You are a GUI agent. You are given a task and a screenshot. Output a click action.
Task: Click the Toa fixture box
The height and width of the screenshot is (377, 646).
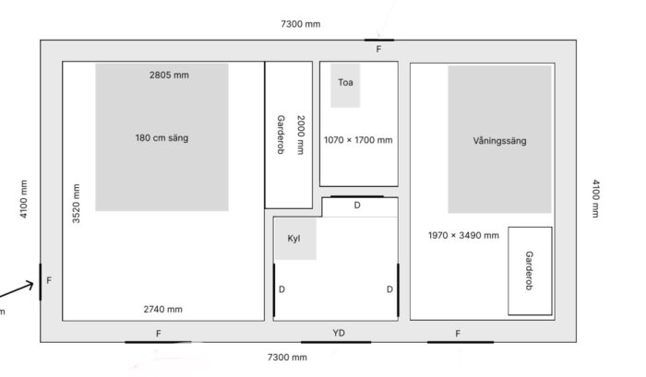tap(345, 85)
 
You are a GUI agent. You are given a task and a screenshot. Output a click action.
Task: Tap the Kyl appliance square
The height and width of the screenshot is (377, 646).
tap(295, 239)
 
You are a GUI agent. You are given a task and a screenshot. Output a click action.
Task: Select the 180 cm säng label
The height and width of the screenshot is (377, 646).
tap(161, 138)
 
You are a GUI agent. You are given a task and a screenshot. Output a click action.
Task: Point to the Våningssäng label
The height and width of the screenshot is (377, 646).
tap(499, 141)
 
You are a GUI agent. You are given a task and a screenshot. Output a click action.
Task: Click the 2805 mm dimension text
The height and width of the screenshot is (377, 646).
tap(169, 75)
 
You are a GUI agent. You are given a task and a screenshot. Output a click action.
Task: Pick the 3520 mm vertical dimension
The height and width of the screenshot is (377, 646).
tap(77, 204)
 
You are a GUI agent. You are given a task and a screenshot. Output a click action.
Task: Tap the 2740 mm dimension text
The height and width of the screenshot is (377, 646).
tap(163, 309)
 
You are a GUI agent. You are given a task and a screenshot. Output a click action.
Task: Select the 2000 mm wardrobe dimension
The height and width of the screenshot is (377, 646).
tap(301, 135)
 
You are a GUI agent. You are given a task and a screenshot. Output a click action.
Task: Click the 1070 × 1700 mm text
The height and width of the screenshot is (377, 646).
tap(358, 140)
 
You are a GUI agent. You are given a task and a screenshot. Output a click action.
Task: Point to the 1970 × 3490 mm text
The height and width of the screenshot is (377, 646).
tap(463, 235)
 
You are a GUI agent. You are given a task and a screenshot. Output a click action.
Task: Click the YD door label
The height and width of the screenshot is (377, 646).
tap(339, 333)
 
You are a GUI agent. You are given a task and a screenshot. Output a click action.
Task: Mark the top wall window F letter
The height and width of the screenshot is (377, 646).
tap(378, 50)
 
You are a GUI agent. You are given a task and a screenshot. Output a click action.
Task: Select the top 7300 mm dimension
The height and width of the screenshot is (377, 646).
tap(300, 24)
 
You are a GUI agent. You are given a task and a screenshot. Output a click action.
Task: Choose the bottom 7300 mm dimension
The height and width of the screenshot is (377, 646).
tap(287, 357)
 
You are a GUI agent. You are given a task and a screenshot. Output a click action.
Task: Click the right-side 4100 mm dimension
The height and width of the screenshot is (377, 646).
tap(596, 198)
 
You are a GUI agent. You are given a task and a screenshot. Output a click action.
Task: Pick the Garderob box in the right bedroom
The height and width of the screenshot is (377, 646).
tap(530, 271)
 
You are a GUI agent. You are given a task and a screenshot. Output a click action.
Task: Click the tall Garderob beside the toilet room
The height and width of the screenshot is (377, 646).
tap(288, 135)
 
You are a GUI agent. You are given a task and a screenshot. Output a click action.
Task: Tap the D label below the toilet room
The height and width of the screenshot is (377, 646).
tap(357, 205)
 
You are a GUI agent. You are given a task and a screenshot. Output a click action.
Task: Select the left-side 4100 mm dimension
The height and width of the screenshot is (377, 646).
tap(23, 199)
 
